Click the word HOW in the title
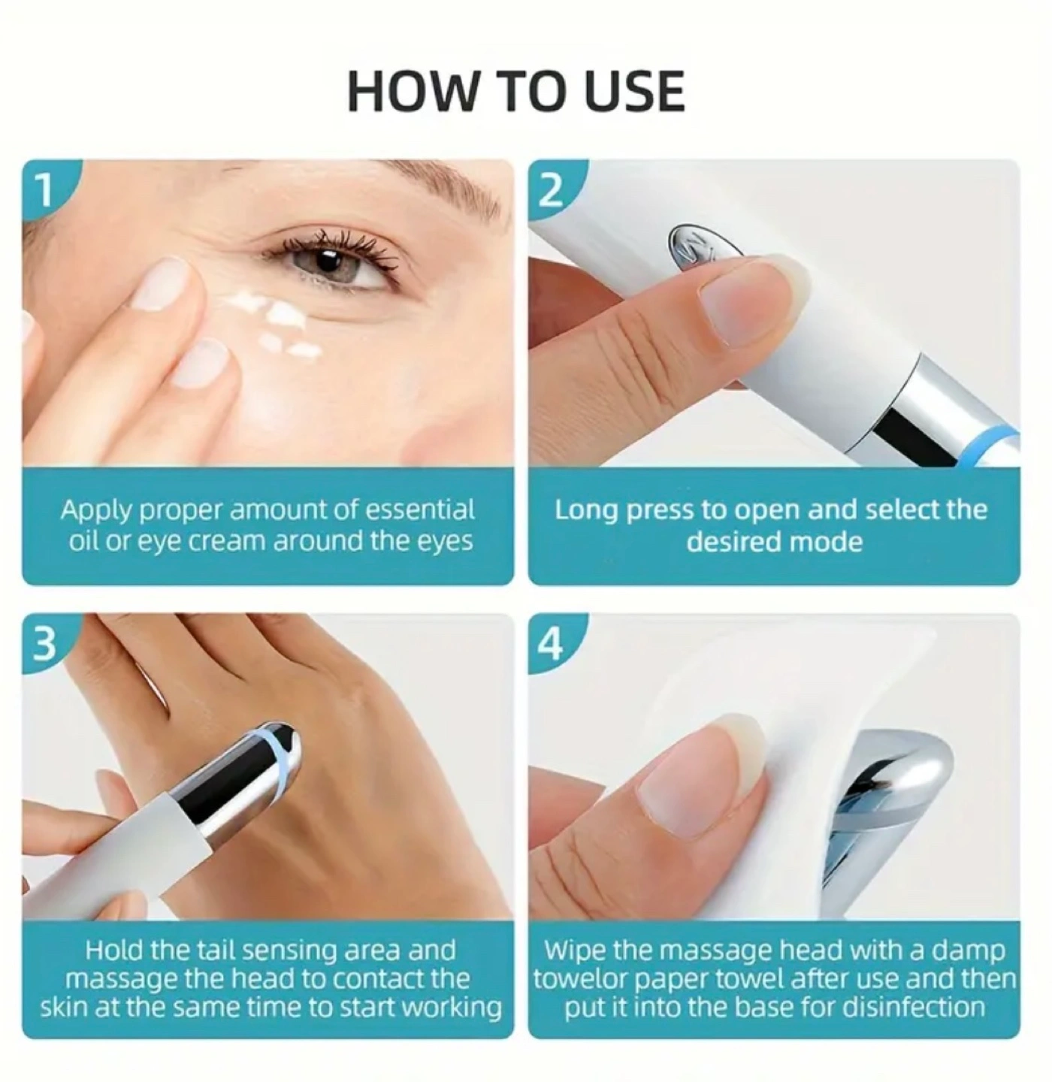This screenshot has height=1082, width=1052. (x=412, y=91)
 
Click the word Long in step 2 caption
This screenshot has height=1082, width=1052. (x=587, y=510)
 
